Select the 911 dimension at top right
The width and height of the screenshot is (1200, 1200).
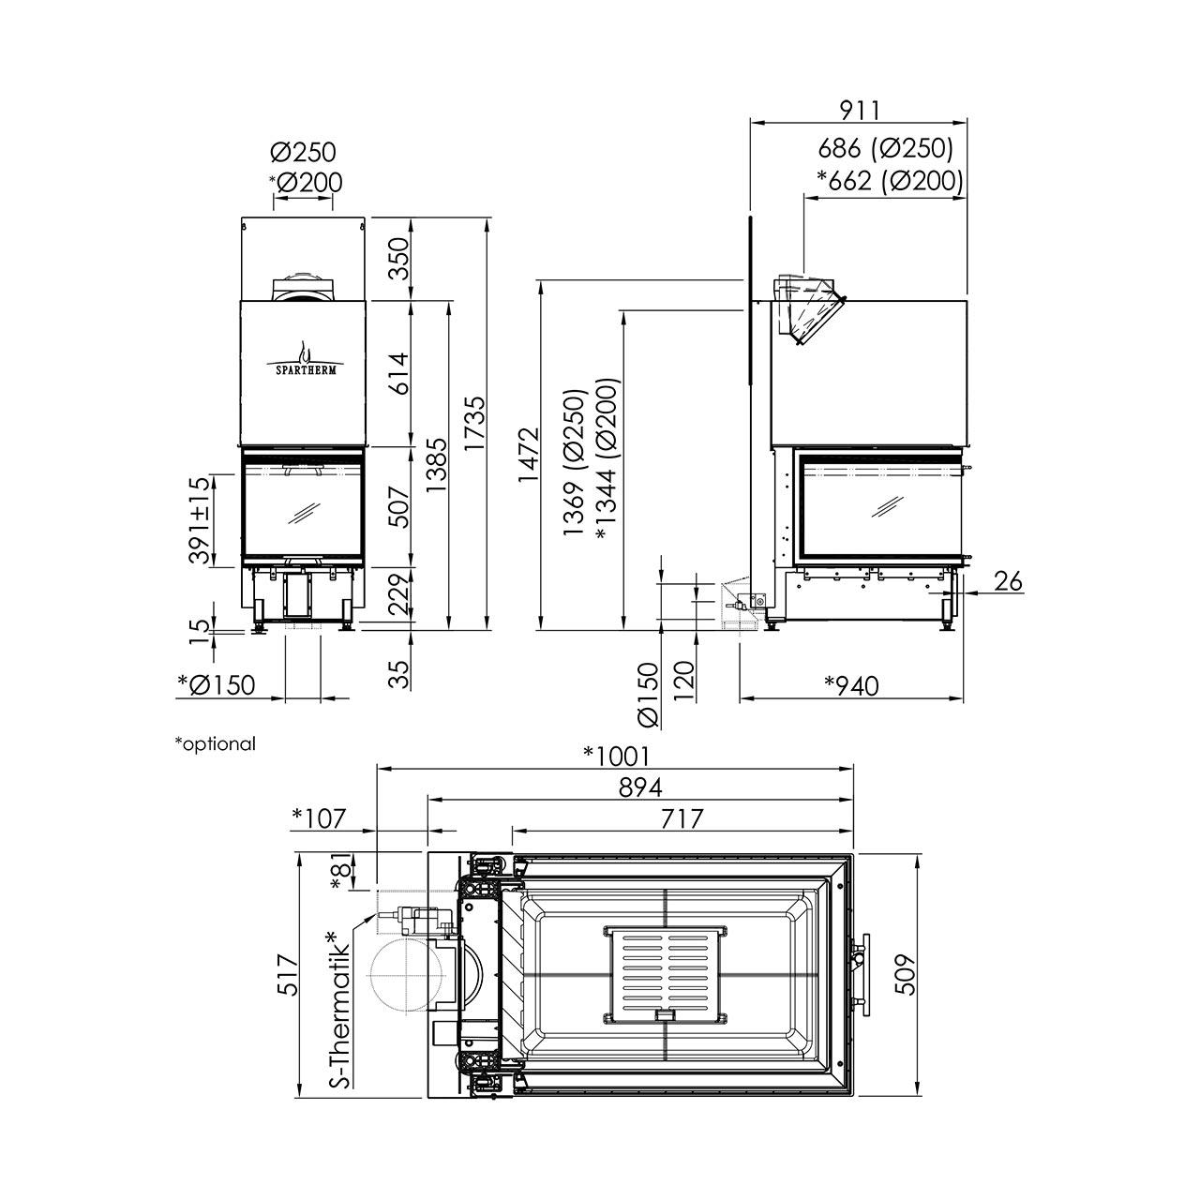860,111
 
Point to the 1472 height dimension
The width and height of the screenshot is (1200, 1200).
529,454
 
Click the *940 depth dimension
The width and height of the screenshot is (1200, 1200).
851,685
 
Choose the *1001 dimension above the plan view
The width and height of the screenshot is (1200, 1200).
617,756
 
